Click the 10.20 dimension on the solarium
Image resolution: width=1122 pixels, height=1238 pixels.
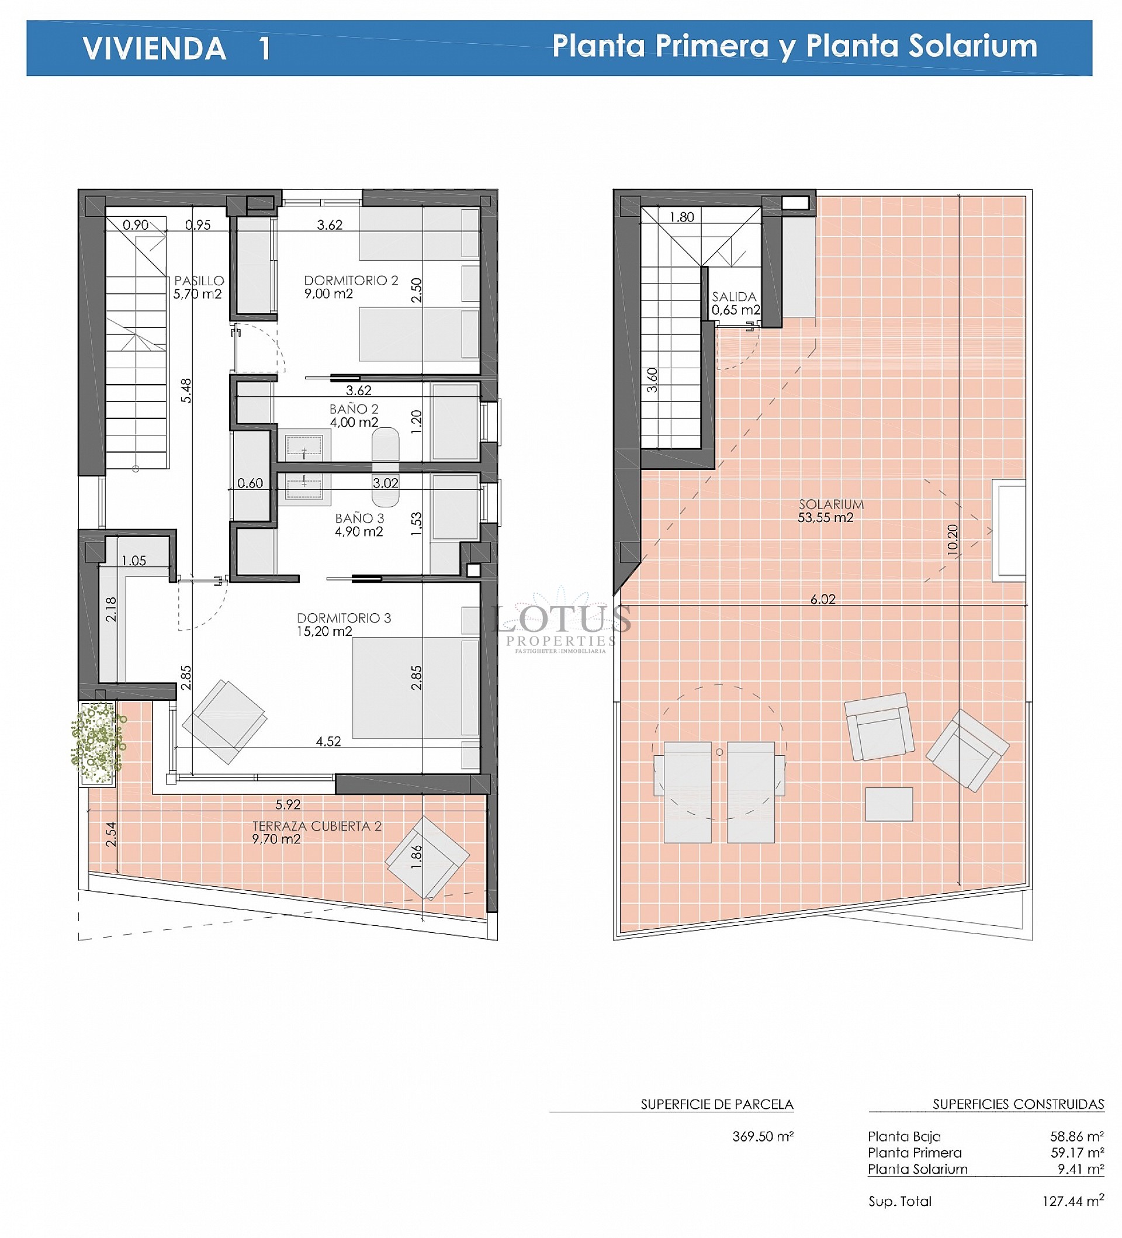(x=952, y=540)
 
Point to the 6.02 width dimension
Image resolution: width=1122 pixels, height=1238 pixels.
(x=822, y=599)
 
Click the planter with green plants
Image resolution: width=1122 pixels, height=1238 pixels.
(x=97, y=744)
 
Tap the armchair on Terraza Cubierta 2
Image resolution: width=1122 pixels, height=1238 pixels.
(x=427, y=858)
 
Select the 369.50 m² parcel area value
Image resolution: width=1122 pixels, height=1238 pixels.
(x=763, y=1136)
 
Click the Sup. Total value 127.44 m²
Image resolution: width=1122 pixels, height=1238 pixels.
(x=1072, y=1201)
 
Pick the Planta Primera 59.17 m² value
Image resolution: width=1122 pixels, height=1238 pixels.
(x=1076, y=1153)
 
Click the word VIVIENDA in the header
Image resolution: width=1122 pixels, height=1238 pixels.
(x=154, y=49)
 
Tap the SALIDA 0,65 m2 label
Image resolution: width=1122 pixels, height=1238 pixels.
(x=735, y=303)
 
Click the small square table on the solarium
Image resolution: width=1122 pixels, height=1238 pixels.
(x=888, y=804)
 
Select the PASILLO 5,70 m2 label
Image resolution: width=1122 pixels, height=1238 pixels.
(x=198, y=287)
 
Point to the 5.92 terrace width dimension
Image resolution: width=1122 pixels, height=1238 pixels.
(x=288, y=804)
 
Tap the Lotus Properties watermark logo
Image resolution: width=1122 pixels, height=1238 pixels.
(x=560, y=623)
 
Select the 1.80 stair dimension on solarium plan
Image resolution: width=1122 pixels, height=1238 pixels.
(x=681, y=217)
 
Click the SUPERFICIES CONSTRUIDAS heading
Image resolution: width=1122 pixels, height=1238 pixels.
(x=1017, y=1104)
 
